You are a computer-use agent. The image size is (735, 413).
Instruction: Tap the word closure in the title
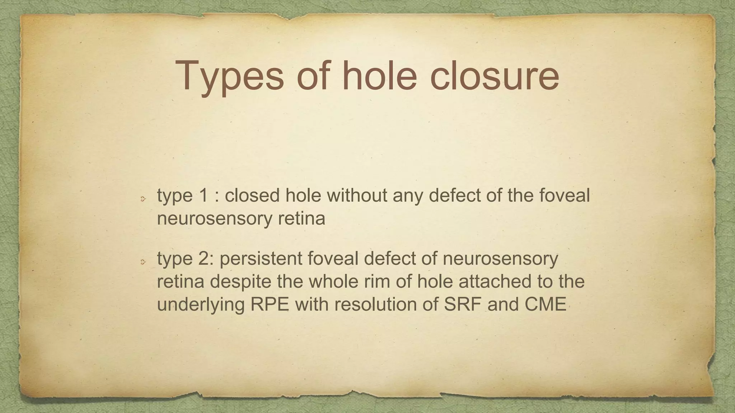(x=494, y=76)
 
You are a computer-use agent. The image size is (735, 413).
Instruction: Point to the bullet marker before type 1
(x=142, y=198)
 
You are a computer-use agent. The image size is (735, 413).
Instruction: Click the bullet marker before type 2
(x=142, y=262)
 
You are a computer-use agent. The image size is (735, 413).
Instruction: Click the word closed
(x=252, y=195)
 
